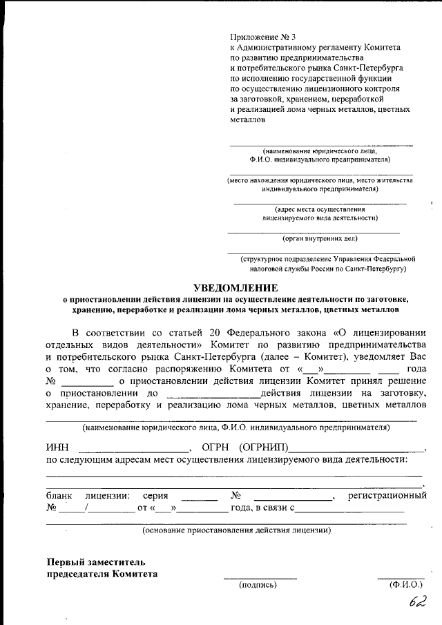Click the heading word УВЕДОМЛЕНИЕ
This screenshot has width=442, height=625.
coord(236,287)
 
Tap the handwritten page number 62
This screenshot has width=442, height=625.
coord(416,602)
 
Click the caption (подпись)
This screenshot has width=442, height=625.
coord(258,585)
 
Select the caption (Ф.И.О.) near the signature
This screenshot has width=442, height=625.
coord(405,585)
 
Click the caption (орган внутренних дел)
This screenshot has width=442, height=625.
coord(320,239)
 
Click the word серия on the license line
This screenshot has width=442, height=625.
coord(155,495)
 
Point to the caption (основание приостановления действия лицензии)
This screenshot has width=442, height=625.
coord(236,530)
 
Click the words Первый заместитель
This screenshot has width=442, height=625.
coord(96,561)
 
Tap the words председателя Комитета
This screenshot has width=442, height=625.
coord(102,573)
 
